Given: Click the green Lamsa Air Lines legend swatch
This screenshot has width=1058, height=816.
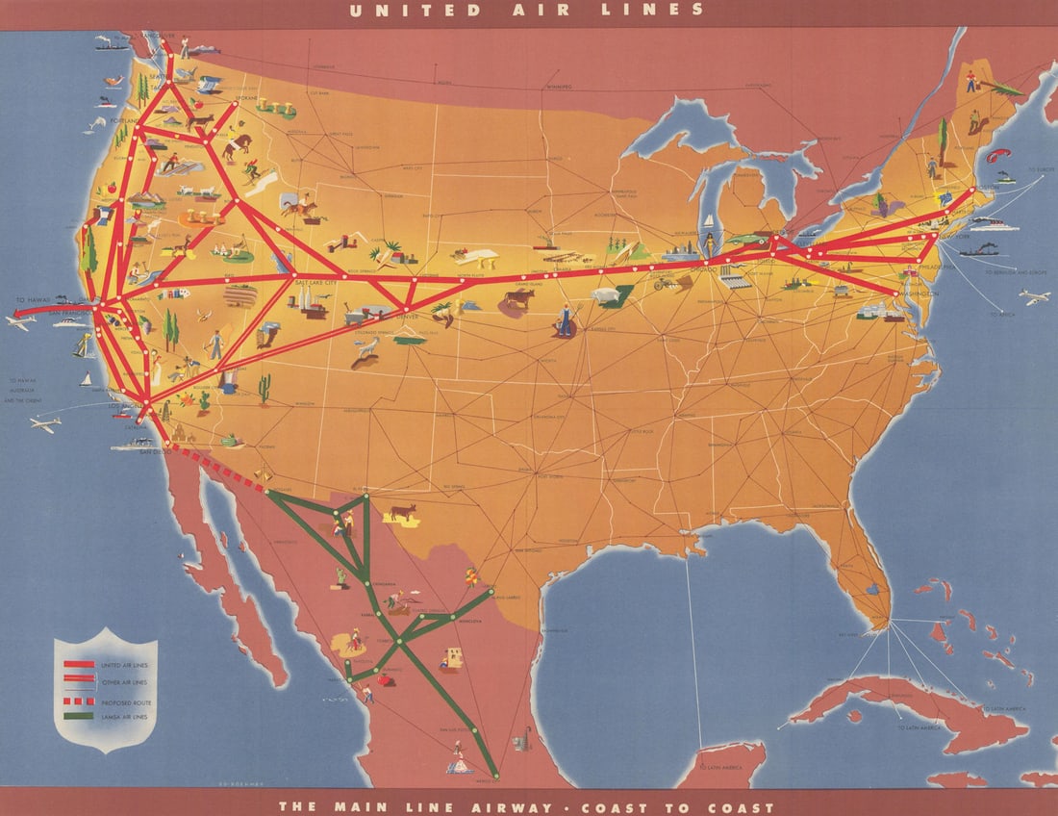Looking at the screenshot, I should click(x=79, y=715).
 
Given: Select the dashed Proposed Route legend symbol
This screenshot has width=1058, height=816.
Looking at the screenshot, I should click(x=79, y=701).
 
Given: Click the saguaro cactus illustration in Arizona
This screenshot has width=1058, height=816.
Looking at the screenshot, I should click(x=264, y=388).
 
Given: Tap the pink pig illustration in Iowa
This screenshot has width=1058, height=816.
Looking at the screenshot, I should click(x=605, y=295).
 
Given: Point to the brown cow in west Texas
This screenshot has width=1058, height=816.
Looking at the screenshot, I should click(x=402, y=512).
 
